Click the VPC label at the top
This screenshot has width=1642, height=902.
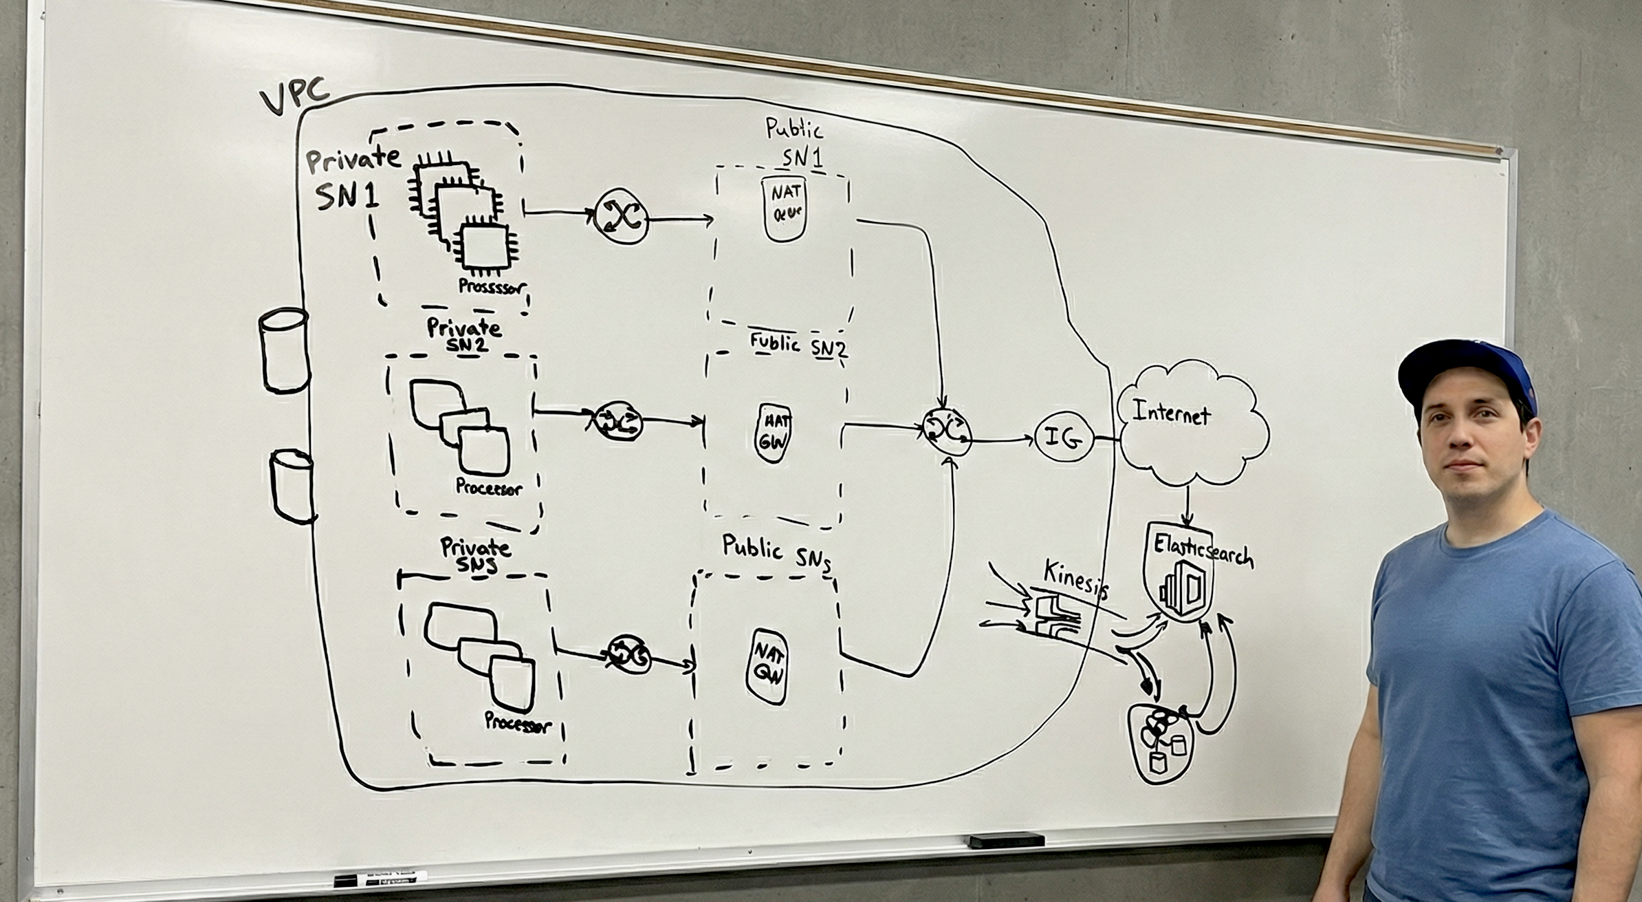pos(294,100)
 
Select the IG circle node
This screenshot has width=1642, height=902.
pos(1063,437)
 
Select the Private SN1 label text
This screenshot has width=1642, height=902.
pos(351,179)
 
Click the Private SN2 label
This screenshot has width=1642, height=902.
pos(464,335)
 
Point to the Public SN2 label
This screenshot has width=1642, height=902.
pos(798,345)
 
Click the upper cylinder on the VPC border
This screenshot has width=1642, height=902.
pos(283,350)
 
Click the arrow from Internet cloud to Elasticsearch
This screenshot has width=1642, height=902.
pos(1187,506)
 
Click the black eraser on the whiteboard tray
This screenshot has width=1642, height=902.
pos(1006,841)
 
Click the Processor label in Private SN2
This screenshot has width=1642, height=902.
pos(489,488)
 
